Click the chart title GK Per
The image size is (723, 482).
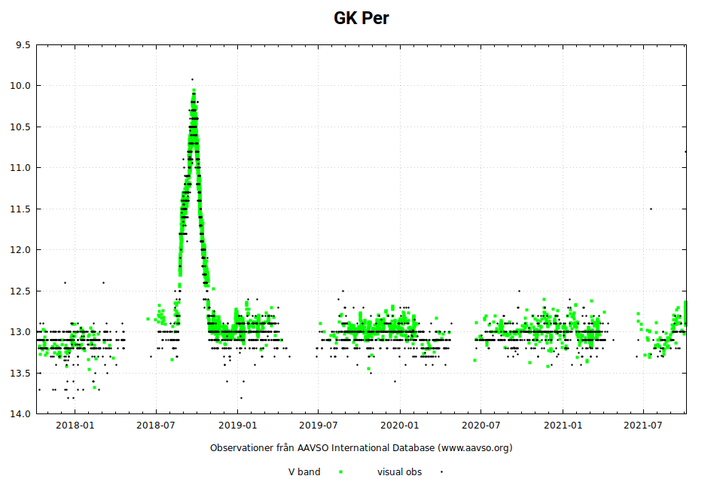coord(361,18)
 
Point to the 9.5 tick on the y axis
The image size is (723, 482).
coord(23,45)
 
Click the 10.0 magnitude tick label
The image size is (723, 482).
coord(21,86)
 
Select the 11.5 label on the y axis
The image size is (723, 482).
coord(21,209)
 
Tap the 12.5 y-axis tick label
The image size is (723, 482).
coord(21,291)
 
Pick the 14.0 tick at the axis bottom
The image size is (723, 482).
coord(21,413)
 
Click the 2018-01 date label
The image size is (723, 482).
coord(75,426)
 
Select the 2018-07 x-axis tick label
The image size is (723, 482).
coord(156,426)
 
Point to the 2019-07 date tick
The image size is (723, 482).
coord(319,426)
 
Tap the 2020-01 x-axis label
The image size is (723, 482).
coord(400,426)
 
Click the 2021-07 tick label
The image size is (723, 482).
coord(644,426)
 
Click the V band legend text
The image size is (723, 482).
coord(304,472)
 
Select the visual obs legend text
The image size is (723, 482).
coord(399,472)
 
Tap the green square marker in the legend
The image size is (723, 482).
coord(341,472)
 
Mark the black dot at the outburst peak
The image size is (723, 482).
coord(192,79)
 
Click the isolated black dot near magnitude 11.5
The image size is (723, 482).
coord(651,209)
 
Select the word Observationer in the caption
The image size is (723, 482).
coord(241,448)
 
